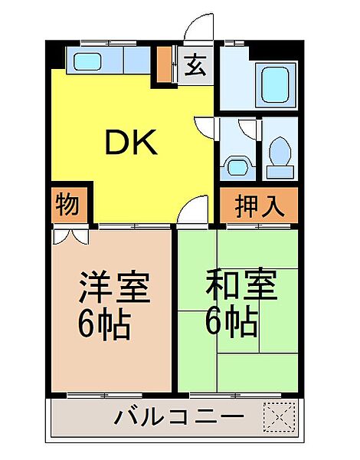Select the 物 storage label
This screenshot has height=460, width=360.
pyautogui.click(x=67, y=205)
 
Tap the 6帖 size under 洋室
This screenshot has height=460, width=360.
pyautogui.click(x=103, y=325)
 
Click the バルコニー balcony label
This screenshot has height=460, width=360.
pyautogui.click(x=180, y=418)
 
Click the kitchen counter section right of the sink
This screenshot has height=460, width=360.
pyautogui.click(x=137, y=61)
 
